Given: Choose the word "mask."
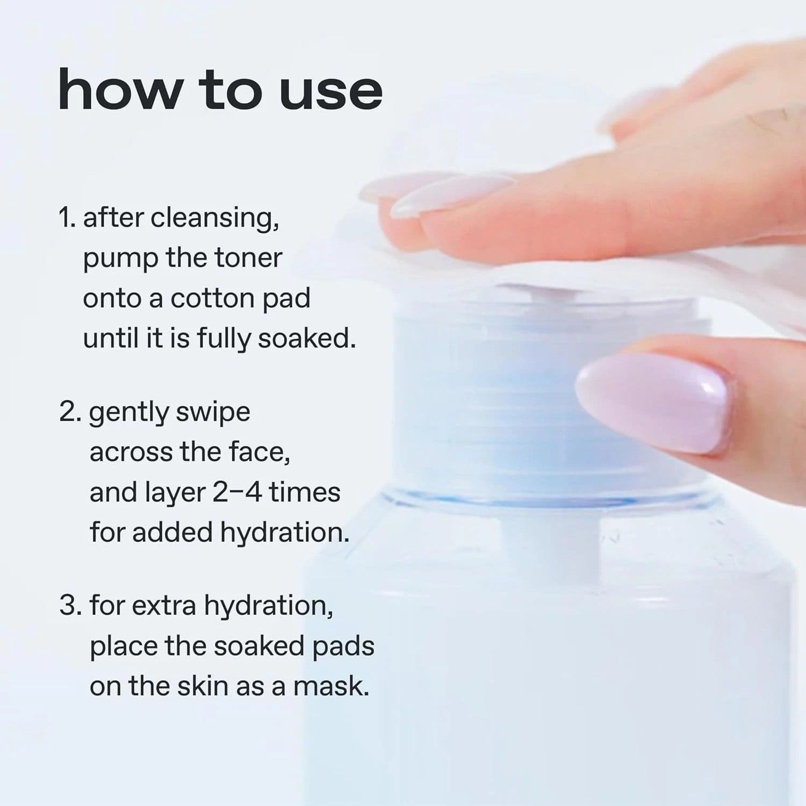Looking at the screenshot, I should click(x=331, y=687).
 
